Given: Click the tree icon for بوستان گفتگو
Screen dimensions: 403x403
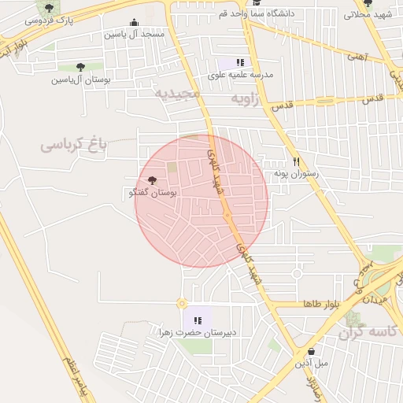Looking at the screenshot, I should coord(152,181).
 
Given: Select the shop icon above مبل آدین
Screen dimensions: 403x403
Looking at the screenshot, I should coord(312,351).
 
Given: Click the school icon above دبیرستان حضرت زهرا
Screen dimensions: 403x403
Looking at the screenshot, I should coord(198,320).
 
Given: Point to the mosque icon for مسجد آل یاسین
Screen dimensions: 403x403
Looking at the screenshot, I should coord(135,23).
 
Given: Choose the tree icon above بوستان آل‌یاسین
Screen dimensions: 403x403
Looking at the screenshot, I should coord(80,68).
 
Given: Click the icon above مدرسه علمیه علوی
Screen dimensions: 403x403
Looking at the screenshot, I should coord(240,62).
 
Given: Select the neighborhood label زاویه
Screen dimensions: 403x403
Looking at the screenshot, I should coord(245,98).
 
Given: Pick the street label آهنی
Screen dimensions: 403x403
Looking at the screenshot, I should coord(357,57).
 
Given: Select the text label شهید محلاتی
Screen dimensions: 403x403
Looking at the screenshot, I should coord(369,14).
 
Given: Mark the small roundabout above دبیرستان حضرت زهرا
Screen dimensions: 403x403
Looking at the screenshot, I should coord(182,303).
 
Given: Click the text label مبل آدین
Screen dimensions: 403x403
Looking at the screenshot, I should coord(311,364).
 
